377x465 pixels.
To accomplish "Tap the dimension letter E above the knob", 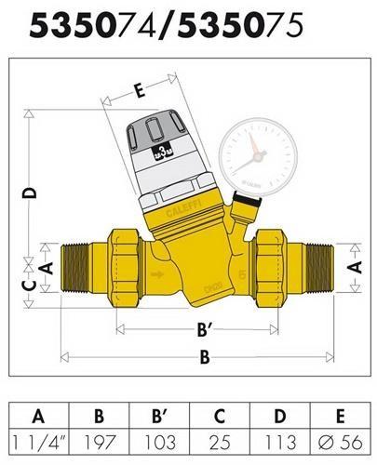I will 139,91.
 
